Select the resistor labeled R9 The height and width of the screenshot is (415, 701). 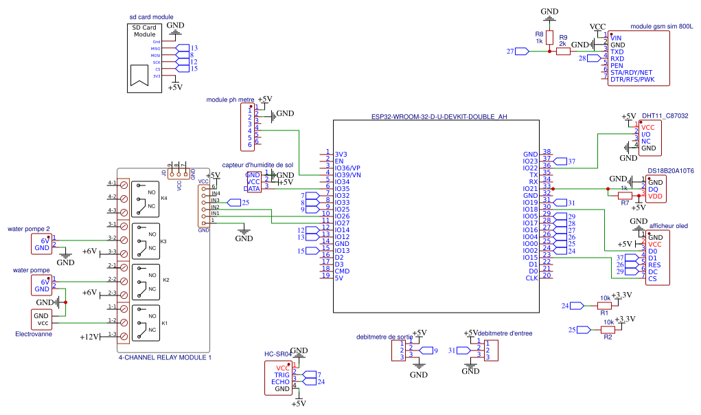tap(563, 51)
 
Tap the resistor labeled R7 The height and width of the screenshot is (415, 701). tap(625, 195)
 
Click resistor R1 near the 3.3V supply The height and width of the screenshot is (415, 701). tap(605, 305)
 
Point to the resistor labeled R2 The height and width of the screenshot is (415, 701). tap(608, 329)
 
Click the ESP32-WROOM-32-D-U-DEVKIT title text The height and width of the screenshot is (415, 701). tap(439, 117)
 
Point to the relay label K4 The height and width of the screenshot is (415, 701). tap(164, 198)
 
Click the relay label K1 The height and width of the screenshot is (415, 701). tap(164, 322)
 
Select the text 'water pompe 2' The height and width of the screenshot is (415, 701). tap(28, 229)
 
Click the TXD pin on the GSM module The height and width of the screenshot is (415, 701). tap(617, 52)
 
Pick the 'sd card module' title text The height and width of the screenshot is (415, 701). tap(151, 17)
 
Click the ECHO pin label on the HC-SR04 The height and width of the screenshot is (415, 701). tap(280, 381)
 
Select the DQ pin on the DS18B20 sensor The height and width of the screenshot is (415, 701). tap(653, 189)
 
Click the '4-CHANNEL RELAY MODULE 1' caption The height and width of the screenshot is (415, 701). tap(165, 357)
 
